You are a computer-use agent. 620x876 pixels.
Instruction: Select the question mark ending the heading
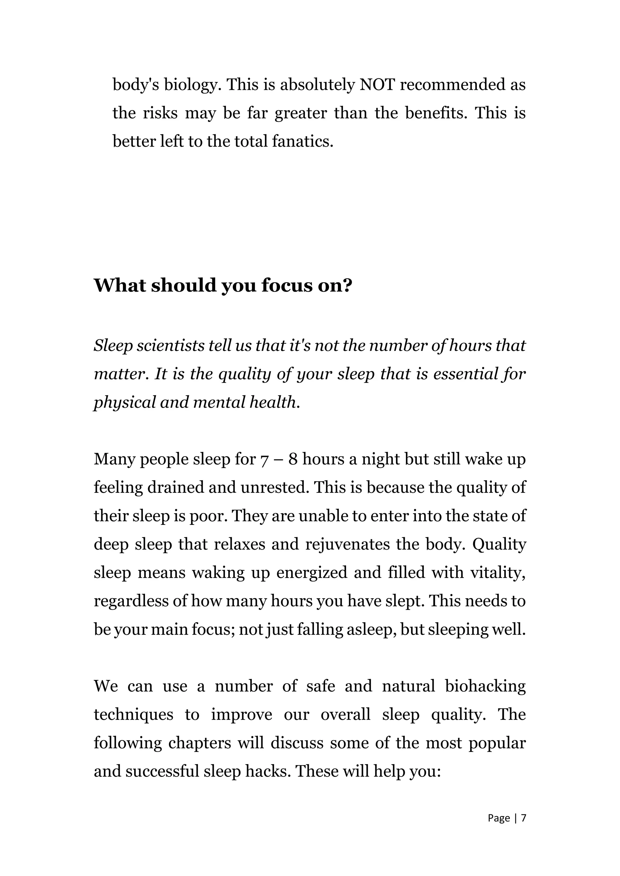pos(347,285)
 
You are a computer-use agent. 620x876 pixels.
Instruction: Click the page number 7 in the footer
pos(523,818)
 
